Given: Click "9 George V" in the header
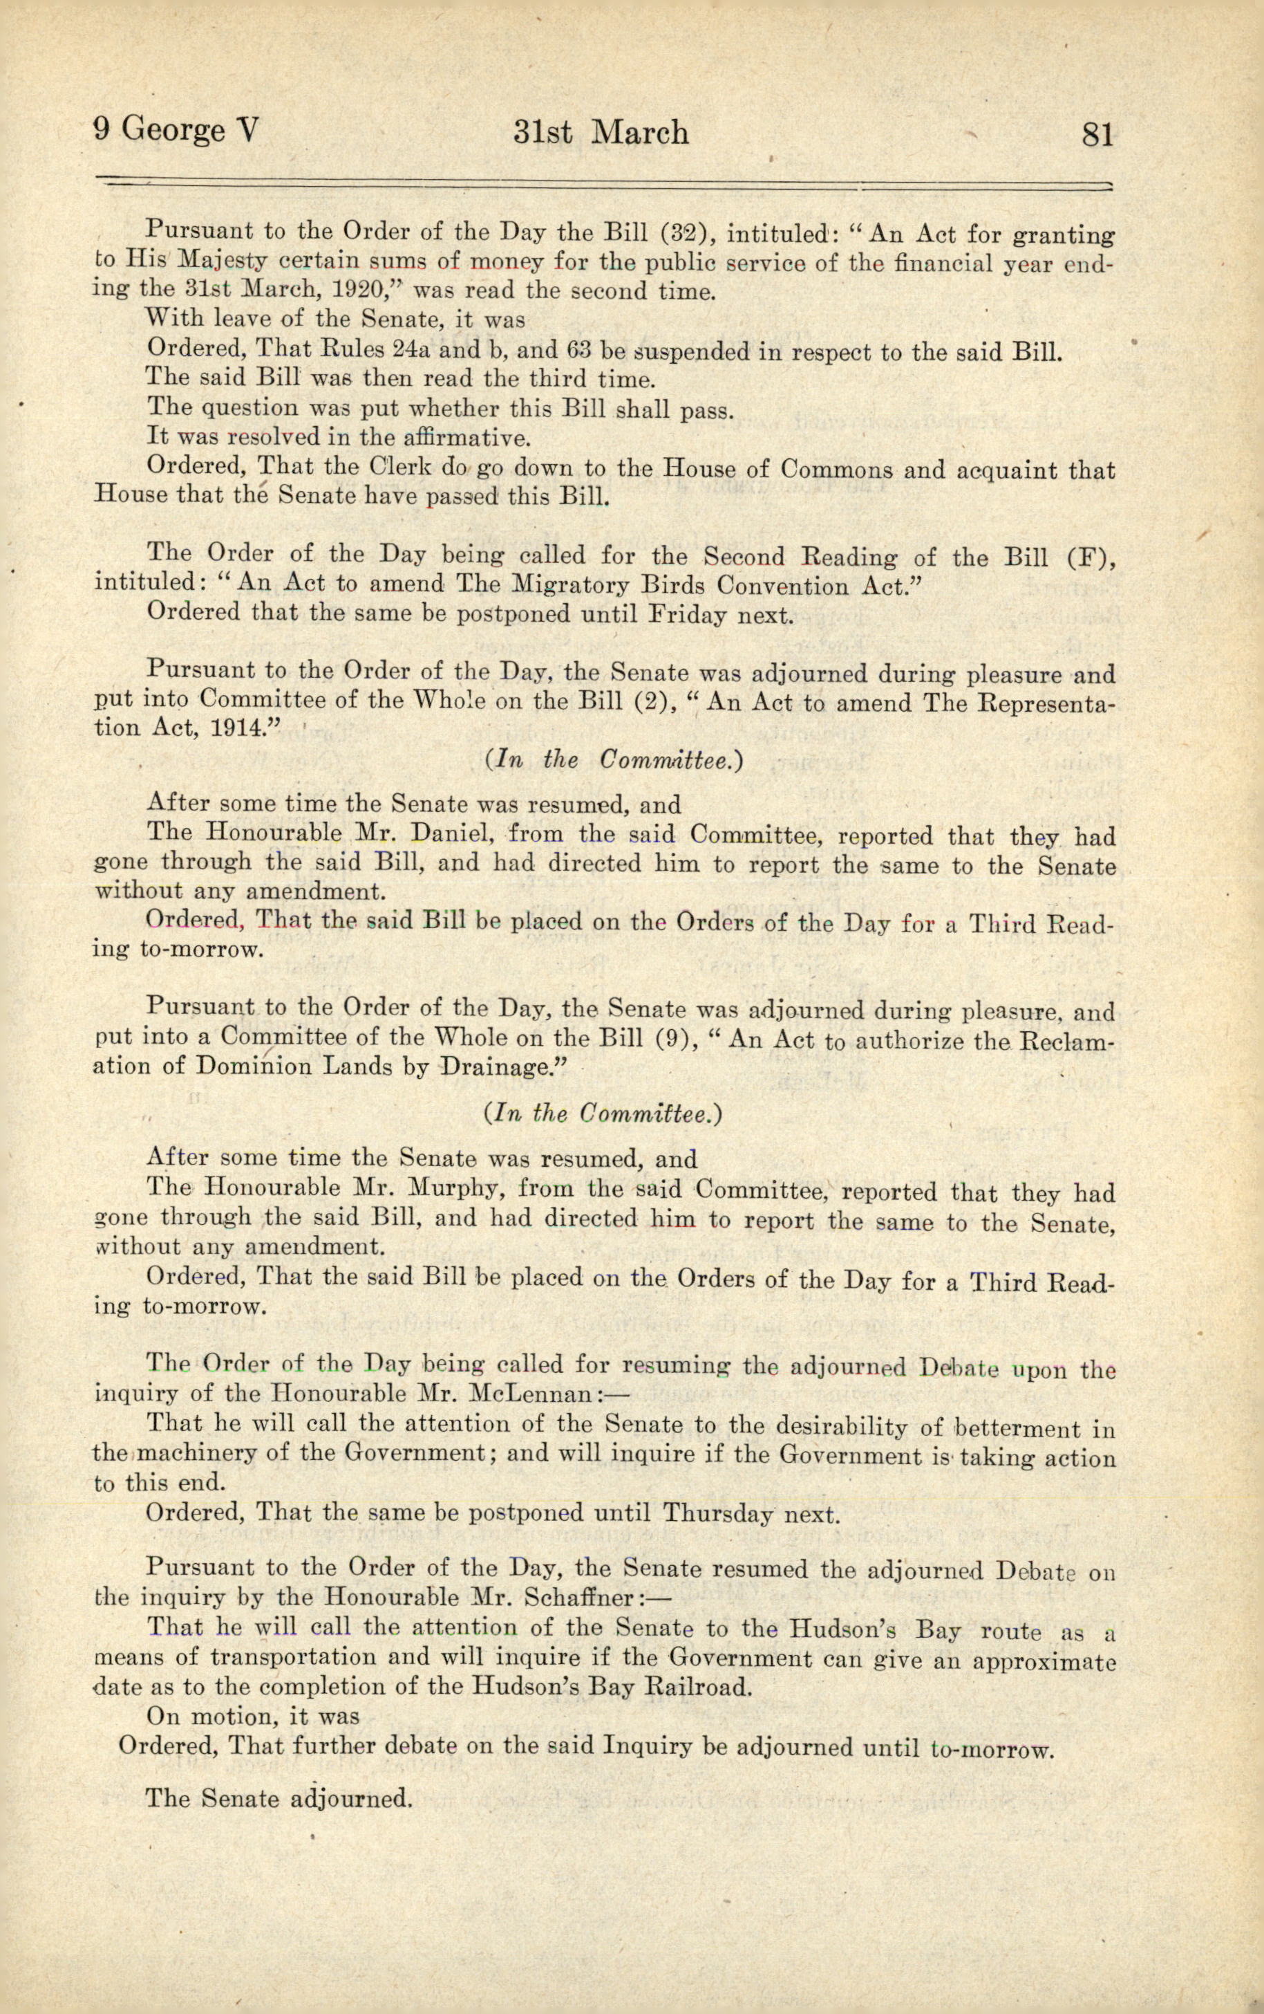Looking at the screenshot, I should pyautogui.click(x=176, y=131).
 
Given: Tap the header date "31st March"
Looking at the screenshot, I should pyautogui.click(x=601, y=133).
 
